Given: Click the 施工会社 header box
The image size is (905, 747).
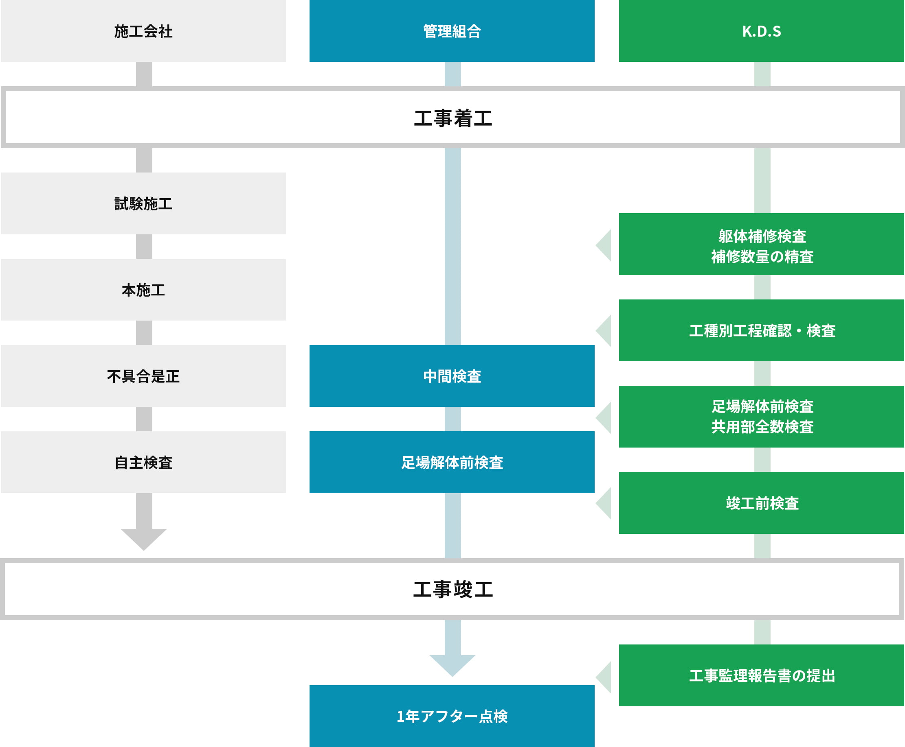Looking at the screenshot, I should point(143,31).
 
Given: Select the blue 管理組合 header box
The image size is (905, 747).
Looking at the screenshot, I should point(452,31).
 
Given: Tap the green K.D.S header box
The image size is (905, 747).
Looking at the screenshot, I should point(761,31).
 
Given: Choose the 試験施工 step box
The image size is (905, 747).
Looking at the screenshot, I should point(143,203).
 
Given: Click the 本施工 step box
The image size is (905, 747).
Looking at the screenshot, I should point(143,290).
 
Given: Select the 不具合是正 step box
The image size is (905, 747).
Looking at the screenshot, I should point(143,376).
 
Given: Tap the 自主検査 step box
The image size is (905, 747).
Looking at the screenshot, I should point(143,462).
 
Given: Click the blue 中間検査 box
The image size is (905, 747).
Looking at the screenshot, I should point(452,376).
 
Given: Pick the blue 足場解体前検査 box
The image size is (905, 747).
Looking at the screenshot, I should point(452,462).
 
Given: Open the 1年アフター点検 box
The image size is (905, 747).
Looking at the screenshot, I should point(452,716).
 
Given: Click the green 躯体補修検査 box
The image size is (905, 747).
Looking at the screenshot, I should point(761,244).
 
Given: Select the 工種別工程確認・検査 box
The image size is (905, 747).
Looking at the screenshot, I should point(761,330).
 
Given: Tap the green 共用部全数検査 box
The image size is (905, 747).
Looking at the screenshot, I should point(761,417).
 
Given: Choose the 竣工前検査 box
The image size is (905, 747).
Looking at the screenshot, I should point(761,503).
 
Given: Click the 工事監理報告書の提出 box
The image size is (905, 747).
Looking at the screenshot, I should point(761,675).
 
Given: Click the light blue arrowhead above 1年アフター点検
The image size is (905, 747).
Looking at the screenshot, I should point(452,664).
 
